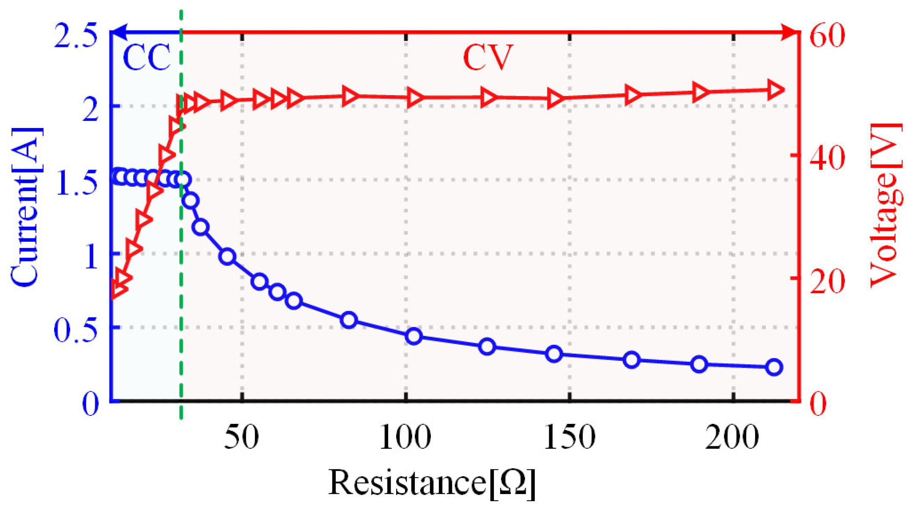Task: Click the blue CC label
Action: [x=146, y=57]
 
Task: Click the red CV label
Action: [x=488, y=57]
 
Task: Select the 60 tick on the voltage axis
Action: [x=827, y=34]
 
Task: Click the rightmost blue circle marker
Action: [x=774, y=367]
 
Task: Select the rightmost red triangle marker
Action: [x=775, y=90]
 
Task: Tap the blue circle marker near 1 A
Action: [x=227, y=256]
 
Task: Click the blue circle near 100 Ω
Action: [x=414, y=336]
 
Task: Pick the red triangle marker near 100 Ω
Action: [x=415, y=98]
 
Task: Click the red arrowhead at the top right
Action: [x=789, y=32]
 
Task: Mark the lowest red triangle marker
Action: [x=118, y=290]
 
